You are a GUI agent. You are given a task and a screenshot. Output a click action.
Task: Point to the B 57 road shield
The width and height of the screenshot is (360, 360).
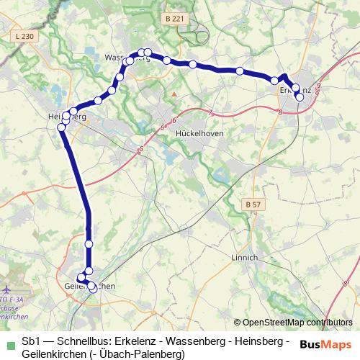click(252, 205)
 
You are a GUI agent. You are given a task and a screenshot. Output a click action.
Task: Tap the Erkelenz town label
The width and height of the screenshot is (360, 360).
click(294, 91)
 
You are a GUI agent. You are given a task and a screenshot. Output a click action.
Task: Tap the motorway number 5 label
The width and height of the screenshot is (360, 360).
click(141, 150)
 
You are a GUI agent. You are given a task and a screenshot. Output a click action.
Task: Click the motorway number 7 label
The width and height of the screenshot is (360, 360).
click(210, 112)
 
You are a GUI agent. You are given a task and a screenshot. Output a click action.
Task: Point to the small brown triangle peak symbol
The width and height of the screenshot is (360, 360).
click(174, 94)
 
